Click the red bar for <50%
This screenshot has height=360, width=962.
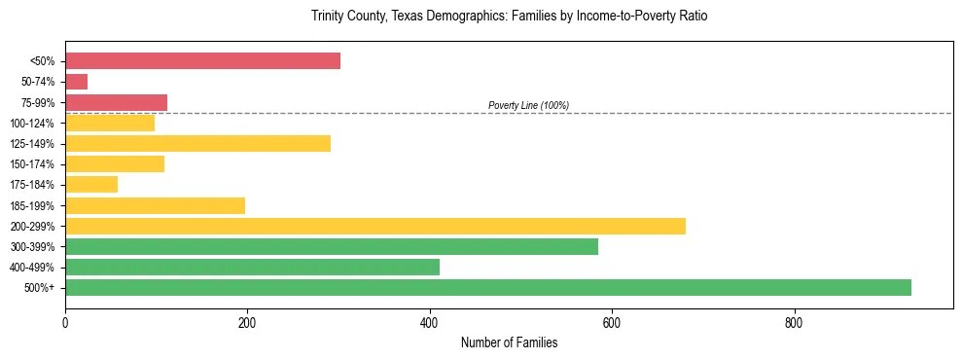click(202, 61)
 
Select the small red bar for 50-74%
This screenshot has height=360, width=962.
click(76, 82)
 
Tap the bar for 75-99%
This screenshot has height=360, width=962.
click(116, 102)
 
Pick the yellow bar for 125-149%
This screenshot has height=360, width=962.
click(197, 144)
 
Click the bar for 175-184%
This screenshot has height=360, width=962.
click(91, 185)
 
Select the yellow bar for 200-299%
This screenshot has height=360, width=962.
click(375, 226)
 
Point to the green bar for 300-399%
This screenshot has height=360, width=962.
click(332, 247)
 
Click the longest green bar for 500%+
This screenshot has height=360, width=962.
click(488, 288)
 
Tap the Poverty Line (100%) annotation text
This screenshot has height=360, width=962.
click(528, 105)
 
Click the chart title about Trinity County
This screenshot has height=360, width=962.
click(517, 17)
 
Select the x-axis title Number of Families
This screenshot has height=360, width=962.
click(509, 343)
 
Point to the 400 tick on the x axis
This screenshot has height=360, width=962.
click(430, 322)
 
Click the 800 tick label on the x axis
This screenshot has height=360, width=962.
click(794, 322)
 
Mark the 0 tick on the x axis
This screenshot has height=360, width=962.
click(65, 322)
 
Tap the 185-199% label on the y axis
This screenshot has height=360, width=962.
click(32, 206)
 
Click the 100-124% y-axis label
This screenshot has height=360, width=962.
click(32, 124)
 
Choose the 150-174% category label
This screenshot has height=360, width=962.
click(32, 164)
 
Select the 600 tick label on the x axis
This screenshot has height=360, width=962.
click(612, 322)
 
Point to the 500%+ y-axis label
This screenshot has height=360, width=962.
click(39, 288)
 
